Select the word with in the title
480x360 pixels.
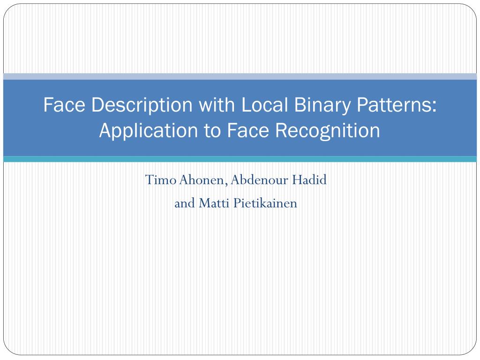(217, 105)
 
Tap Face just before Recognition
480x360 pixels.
(247, 130)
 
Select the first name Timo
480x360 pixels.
(161, 180)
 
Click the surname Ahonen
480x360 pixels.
(203, 180)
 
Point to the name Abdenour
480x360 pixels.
(260, 180)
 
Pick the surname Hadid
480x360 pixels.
(309, 180)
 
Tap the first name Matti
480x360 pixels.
(214, 203)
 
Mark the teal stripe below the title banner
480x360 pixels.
(240, 159)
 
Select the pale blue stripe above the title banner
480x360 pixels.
(240, 76)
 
